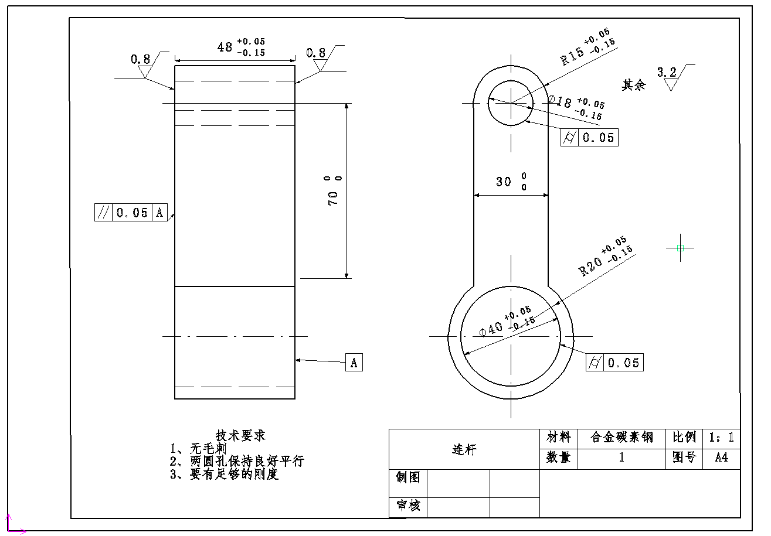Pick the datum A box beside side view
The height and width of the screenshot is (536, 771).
[354, 363]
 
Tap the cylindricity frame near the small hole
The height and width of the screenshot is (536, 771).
[589, 138]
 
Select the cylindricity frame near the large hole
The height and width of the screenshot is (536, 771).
[614, 363]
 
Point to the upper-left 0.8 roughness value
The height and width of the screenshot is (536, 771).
[140, 59]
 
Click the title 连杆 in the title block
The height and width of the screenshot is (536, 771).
[464, 449]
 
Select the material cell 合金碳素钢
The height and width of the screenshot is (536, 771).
[621, 438]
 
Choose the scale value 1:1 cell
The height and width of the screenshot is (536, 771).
[721, 438]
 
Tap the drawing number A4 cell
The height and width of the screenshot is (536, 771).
[721, 458]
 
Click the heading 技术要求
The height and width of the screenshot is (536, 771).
[240, 435]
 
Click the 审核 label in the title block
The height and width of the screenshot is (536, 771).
[408, 506]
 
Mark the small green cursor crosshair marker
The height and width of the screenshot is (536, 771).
[680, 248]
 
